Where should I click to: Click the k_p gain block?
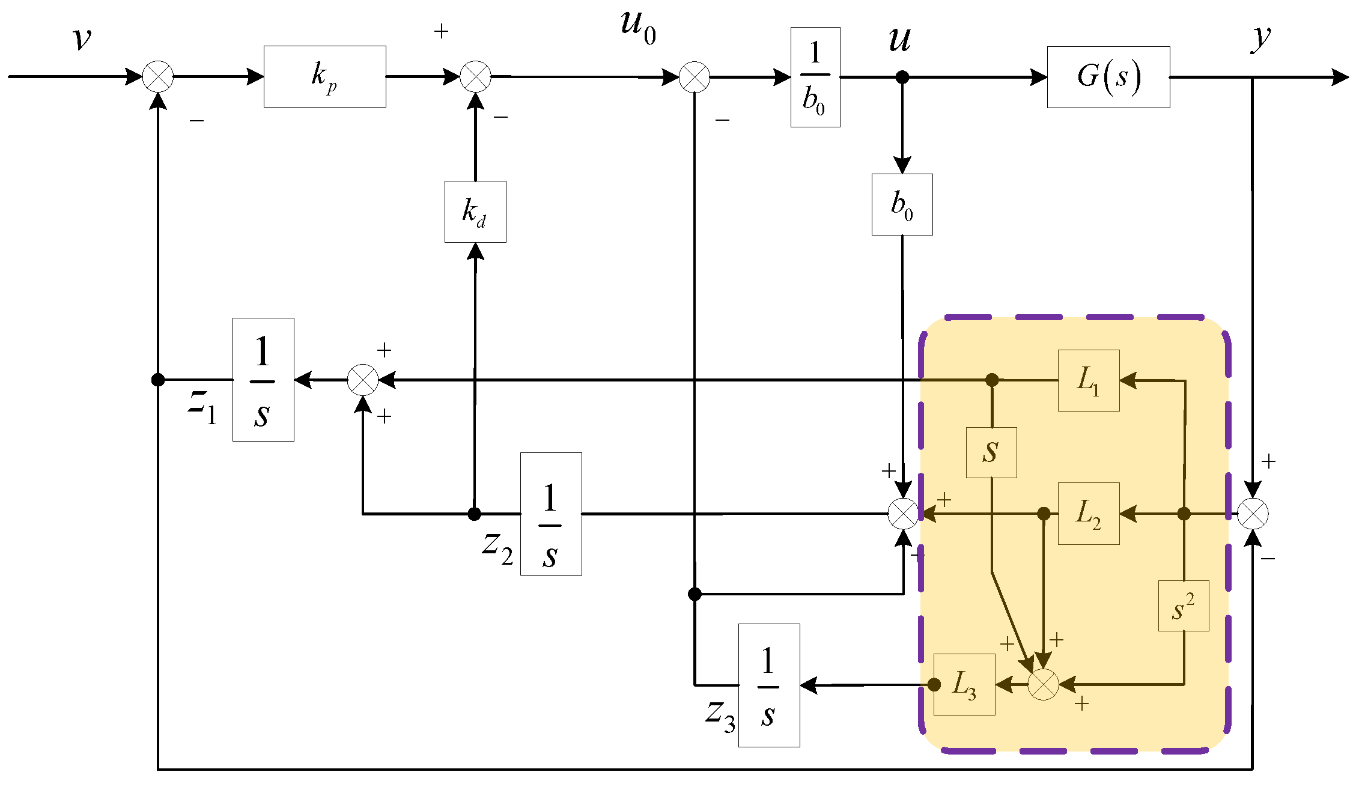pyautogui.click(x=324, y=76)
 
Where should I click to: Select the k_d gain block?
pyautogui.click(x=475, y=211)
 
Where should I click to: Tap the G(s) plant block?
pyautogui.click(x=1108, y=77)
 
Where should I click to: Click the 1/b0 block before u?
pyautogui.click(x=815, y=77)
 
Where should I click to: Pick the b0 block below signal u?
pyautogui.click(x=902, y=204)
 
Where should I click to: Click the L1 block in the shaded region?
pyautogui.click(x=1089, y=380)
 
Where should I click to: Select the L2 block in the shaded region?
pyautogui.click(x=1089, y=514)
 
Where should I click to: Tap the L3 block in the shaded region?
pyautogui.click(x=964, y=684)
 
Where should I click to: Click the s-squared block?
pyautogui.click(x=1184, y=606)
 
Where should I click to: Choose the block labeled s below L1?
pyautogui.click(x=991, y=452)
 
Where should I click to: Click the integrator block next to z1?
pyautogui.click(x=263, y=380)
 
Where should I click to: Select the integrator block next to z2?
pyautogui.click(x=551, y=514)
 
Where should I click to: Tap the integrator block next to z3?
pyautogui.click(x=769, y=685)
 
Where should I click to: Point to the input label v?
pyautogui.click(x=82, y=39)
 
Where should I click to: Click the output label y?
pyautogui.click(x=1261, y=38)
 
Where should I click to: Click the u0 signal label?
pyautogui.click(x=637, y=27)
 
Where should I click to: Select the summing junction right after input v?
pyautogui.click(x=158, y=77)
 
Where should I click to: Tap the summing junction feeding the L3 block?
pyautogui.click(x=1044, y=684)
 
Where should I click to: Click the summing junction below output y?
pyautogui.click(x=1253, y=514)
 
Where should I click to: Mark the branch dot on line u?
pyautogui.click(x=902, y=77)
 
